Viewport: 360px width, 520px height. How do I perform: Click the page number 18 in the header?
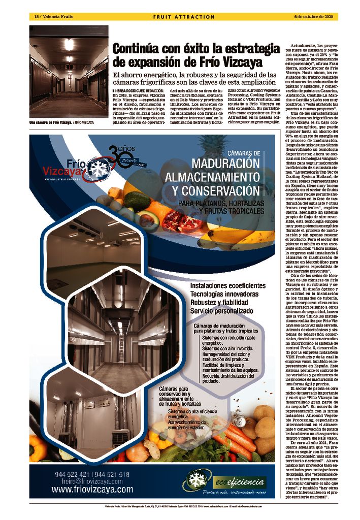pos(37,17)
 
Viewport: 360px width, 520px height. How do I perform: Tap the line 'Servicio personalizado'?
pos(221,310)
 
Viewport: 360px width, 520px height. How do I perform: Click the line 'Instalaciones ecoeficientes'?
pos(227,286)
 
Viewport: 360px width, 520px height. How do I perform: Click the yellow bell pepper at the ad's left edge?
pos(37,447)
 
